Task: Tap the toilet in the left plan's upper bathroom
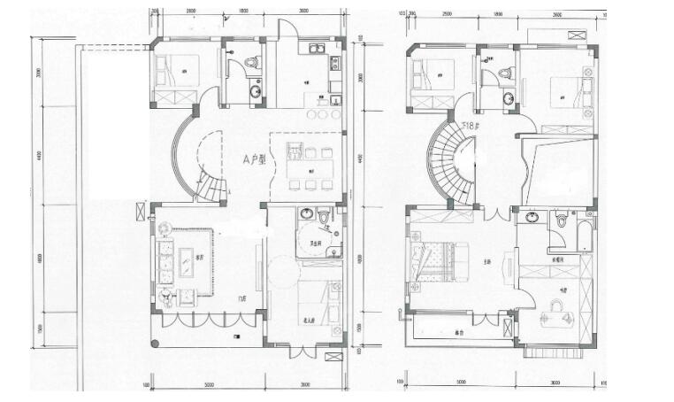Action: (x=251, y=64)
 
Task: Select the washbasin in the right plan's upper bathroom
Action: (x=509, y=97)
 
